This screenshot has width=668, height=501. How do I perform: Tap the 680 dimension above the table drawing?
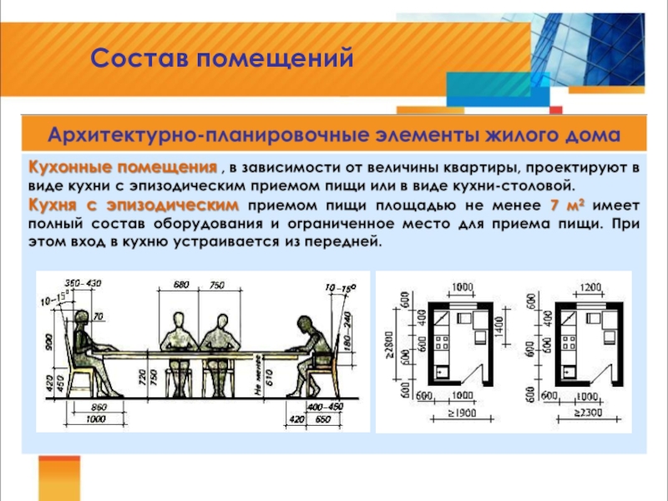point(181,286)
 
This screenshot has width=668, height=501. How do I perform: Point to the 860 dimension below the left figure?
point(94,405)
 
